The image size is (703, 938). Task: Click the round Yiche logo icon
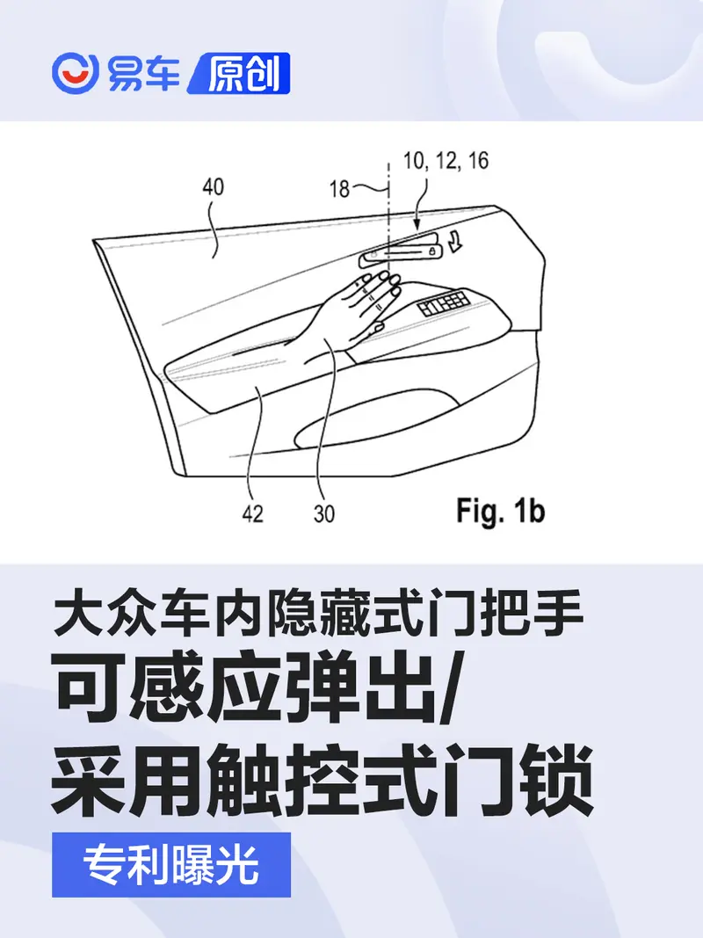click(76, 73)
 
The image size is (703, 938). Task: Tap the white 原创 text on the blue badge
click(244, 74)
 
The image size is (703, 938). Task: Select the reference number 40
click(214, 187)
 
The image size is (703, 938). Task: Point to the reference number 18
click(339, 189)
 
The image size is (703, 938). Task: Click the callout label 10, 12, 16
click(446, 161)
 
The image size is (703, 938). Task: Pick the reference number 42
click(252, 513)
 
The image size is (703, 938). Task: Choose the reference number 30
click(324, 513)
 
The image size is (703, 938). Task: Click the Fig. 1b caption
click(500, 512)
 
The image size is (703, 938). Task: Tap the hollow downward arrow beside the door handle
click(455, 243)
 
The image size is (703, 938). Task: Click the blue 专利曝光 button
click(171, 864)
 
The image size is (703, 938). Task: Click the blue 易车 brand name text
click(143, 74)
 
